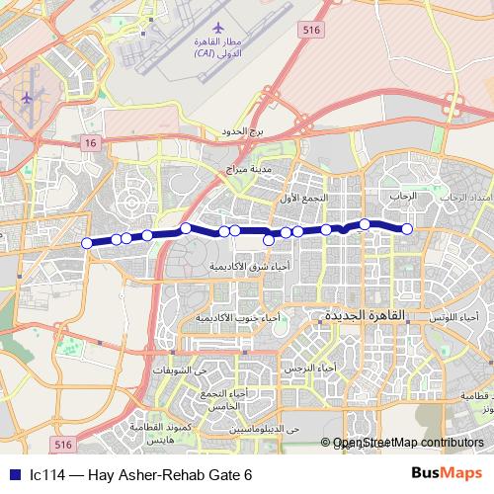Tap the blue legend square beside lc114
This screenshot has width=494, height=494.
[16, 474]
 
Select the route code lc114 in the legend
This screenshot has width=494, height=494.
[47, 474]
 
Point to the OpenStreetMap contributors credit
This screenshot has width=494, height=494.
[408, 444]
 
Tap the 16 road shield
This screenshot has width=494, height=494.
[91, 144]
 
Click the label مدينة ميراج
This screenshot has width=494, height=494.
[247, 168]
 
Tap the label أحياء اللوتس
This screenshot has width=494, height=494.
[456, 317]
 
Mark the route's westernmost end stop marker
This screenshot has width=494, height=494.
[87, 243]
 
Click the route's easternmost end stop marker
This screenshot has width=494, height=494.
[406, 229]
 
